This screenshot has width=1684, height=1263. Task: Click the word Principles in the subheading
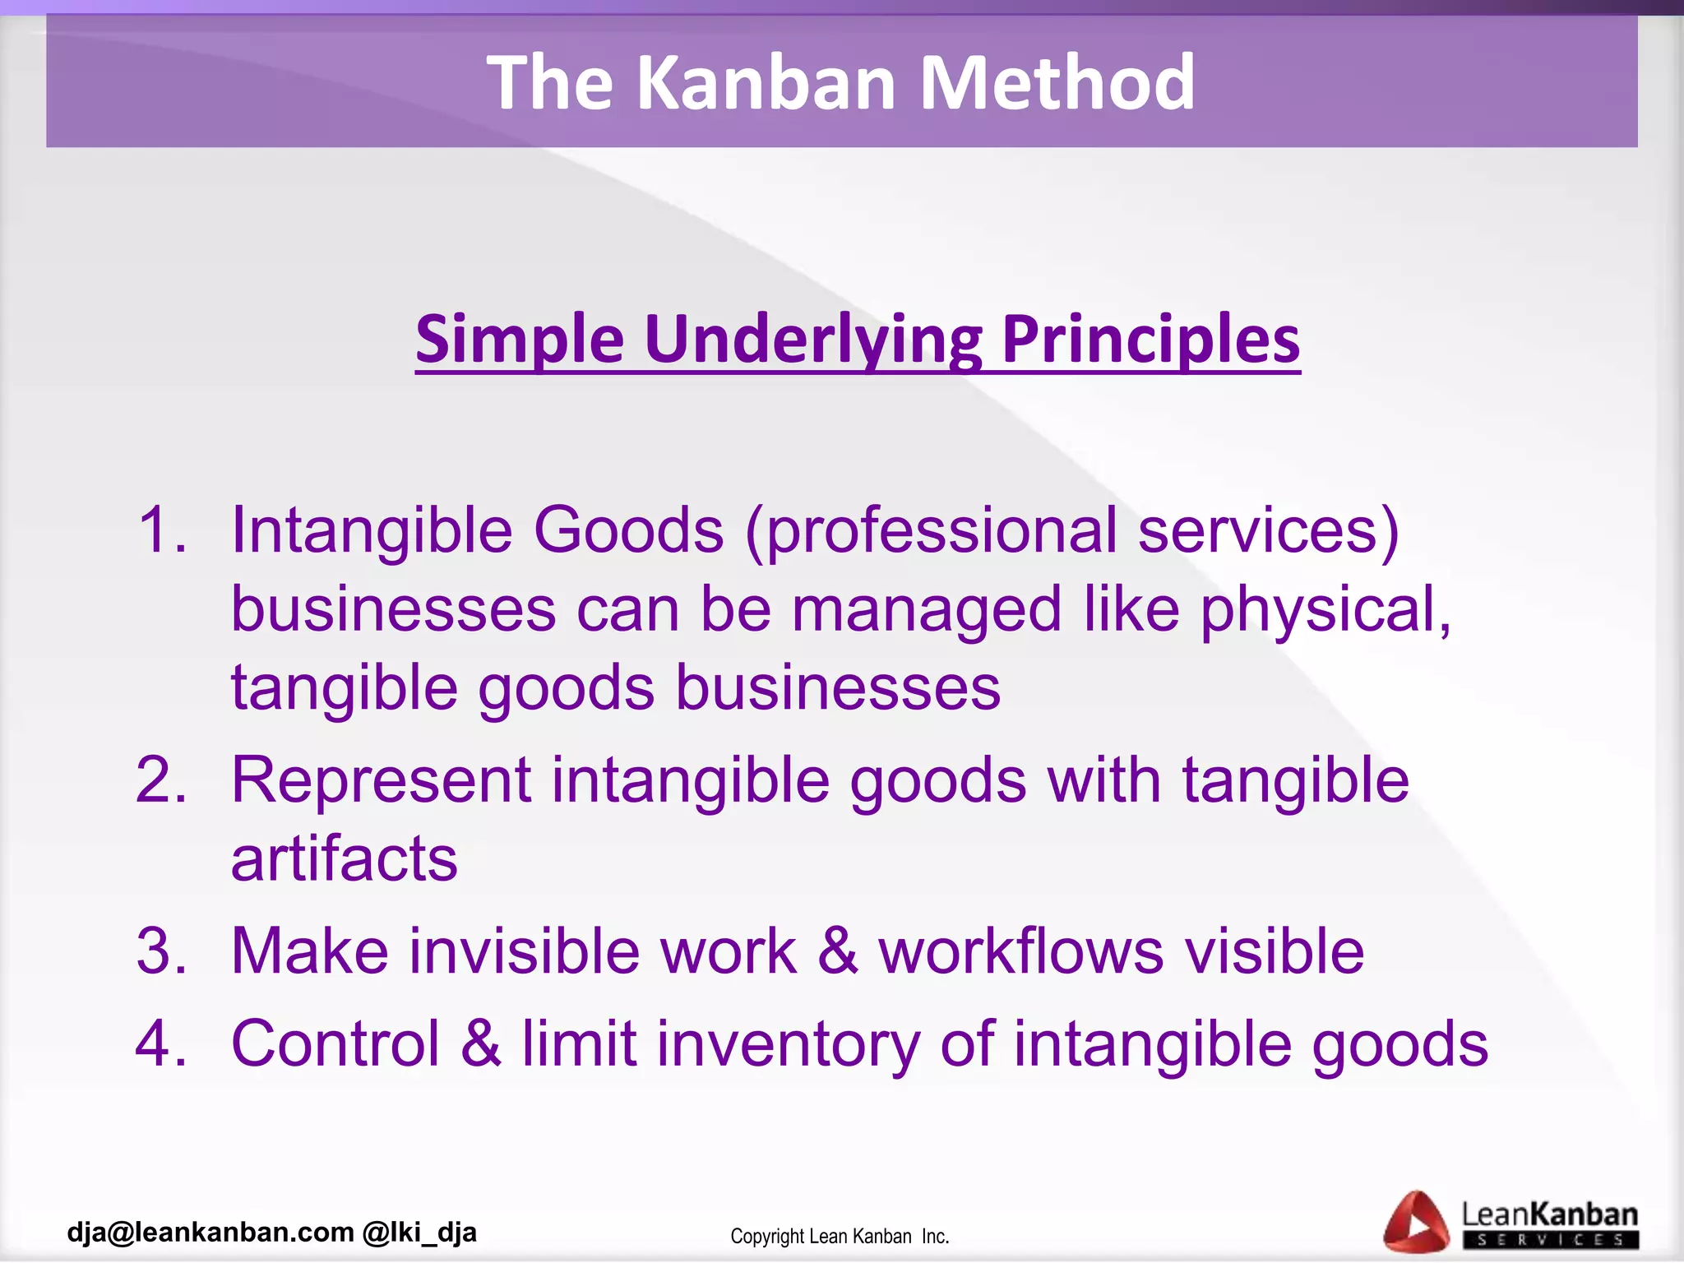click(1150, 339)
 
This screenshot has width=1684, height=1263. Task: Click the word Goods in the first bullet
click(628, 530)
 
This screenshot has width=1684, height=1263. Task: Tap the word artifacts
click(344, 858)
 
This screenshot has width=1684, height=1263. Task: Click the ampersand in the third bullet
click(837, 951)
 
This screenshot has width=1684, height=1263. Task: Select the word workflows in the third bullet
click(1020, 951)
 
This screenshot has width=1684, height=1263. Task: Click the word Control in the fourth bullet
click(335, 1043)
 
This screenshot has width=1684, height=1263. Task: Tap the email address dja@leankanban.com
click(210, 1232)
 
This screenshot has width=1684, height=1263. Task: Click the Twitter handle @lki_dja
click(419, 1232)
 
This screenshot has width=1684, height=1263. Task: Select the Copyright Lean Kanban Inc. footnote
click(840, 1236)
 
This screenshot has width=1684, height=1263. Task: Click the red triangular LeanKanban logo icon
click(1415, 1223)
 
